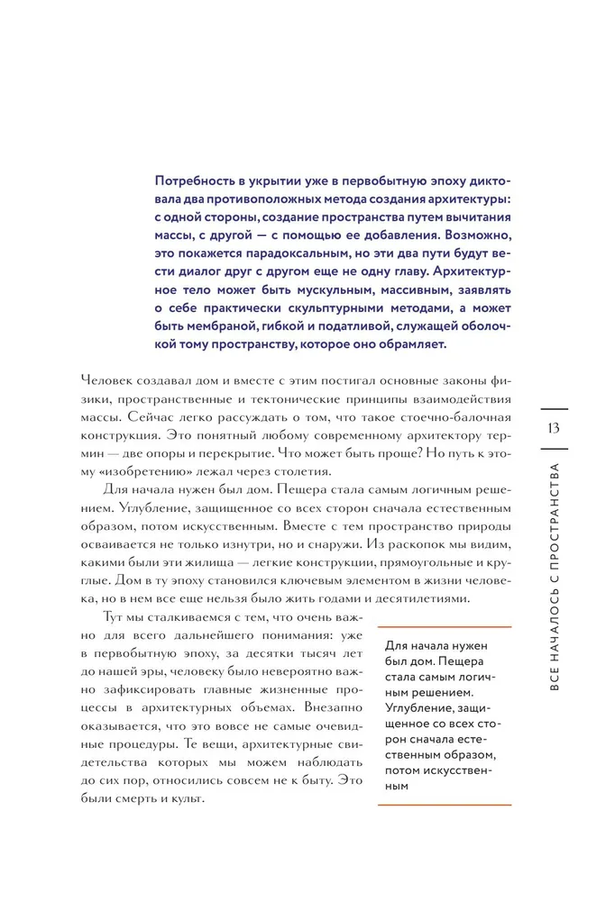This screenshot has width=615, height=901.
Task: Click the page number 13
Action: pyautogui.click(x=554, y=426)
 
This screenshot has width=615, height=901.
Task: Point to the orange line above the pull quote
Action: pyautogui.click(x=444, y=627)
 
